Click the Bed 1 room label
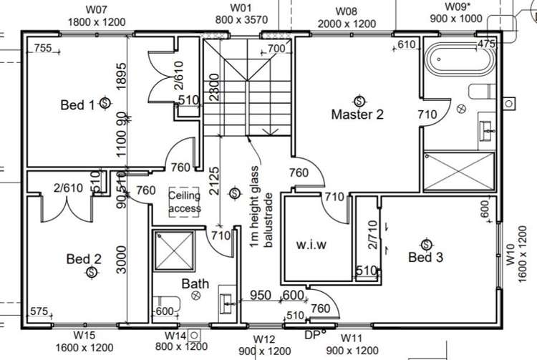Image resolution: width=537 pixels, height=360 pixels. [x=77, y=105]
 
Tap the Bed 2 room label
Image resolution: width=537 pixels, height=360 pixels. [x=84, y=258]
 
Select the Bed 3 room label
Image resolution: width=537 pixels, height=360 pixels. [x=425, y=257]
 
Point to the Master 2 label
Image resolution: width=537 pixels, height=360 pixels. [x=357, y=114]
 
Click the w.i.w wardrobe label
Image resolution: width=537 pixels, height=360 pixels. [x=311, y=245]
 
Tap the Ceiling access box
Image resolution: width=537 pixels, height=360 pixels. [x=185, y=201]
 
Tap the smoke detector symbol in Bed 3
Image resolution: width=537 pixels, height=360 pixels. [x=426, y=243]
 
